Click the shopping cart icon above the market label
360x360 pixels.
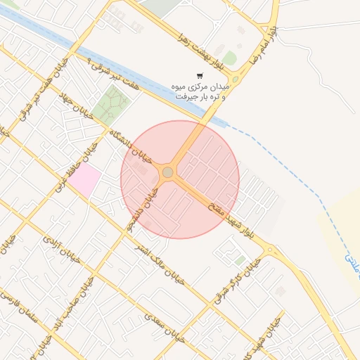coord(200,76)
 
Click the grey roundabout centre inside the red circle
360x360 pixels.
coord(167,172)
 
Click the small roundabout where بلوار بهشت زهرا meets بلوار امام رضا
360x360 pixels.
coord(236,79)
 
